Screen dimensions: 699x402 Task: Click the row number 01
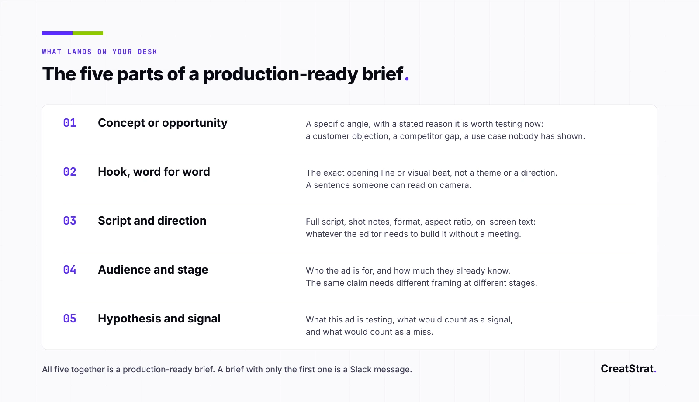(69, 123)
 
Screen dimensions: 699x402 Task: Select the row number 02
(69, 172)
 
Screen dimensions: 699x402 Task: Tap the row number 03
(69, 221)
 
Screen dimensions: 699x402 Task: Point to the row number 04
(69, 270)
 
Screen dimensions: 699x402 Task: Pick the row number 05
(69, 319)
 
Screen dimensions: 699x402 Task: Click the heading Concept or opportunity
(163, 123)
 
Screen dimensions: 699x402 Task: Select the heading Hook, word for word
(154, 172)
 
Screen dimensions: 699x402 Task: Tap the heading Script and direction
(152, 221)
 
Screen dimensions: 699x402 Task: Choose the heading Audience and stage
(153, 270)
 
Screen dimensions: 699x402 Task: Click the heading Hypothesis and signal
(159, 319)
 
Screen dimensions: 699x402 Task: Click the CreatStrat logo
(629, 369)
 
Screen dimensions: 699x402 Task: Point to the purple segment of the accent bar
(57, 33)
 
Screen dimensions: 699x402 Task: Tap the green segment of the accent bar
(88, 33)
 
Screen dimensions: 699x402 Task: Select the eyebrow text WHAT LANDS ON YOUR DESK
(100, 52)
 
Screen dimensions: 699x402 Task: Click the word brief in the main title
(382, 74)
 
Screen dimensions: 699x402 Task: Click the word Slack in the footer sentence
(361, 370)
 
